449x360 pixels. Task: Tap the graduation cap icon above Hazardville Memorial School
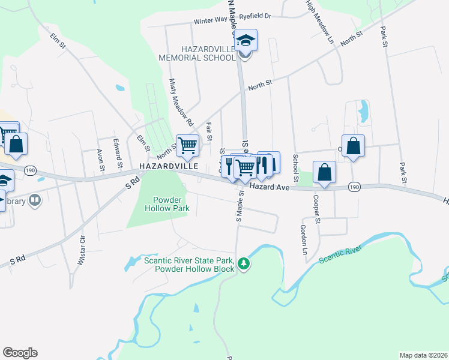coord(245,40)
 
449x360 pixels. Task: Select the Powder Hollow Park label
coord(167,204)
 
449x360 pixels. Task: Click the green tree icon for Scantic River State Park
coord(243,263)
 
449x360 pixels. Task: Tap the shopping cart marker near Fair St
coord(188,145)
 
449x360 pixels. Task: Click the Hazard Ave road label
coord(270,187)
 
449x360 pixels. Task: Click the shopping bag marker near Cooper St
coord(324,173)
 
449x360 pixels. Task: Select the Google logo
coord(20,353)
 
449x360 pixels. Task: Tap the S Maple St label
coord(240,207)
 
